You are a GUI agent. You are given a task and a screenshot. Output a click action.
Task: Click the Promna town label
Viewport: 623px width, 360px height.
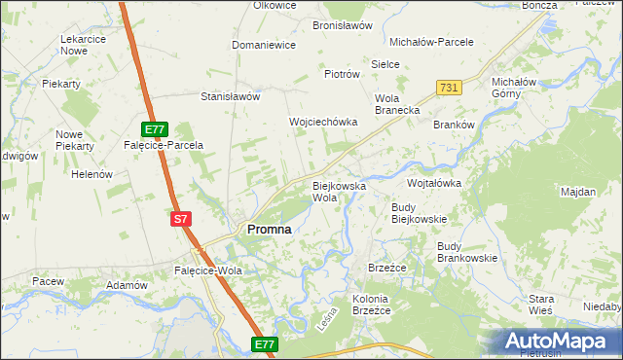270,229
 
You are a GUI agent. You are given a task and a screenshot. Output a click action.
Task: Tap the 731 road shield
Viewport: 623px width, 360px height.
449,88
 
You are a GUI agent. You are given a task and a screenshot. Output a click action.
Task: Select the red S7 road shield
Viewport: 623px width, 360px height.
180,219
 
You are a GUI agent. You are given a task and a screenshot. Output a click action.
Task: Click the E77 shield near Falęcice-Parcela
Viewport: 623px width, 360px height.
156,128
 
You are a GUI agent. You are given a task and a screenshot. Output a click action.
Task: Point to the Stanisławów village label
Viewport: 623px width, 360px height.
230,97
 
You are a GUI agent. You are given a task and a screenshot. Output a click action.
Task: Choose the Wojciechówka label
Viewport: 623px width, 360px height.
323,123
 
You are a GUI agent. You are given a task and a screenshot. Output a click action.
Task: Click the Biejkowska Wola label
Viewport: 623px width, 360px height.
338,191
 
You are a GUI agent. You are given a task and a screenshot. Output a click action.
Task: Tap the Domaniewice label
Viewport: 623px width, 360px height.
263,46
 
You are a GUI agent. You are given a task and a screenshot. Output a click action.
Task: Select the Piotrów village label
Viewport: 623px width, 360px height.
342,74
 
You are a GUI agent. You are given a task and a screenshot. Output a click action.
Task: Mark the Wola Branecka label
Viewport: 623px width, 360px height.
396,105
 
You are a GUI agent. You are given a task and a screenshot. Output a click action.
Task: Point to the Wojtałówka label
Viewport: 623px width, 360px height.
433,183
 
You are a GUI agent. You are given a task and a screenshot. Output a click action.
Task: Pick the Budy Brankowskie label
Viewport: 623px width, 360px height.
467,252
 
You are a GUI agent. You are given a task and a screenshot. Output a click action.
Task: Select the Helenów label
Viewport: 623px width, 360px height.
93,175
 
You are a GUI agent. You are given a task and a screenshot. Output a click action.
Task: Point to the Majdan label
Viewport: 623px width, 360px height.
578,192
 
